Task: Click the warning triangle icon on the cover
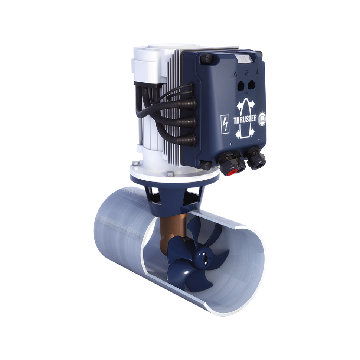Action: (x=234, y=73)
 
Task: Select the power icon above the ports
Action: (x=246, y=72)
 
